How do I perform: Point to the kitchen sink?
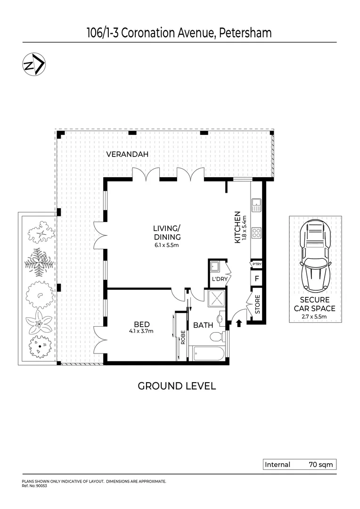256,205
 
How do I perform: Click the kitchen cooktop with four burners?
257,232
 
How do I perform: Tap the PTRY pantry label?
257,264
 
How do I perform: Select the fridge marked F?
257,278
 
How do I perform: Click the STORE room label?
257,304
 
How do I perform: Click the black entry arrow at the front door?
238,323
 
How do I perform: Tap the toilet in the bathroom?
216,337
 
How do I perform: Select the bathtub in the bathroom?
207,353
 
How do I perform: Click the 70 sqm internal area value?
320,465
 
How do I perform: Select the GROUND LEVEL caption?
176,386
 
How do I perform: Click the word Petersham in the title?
244,33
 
